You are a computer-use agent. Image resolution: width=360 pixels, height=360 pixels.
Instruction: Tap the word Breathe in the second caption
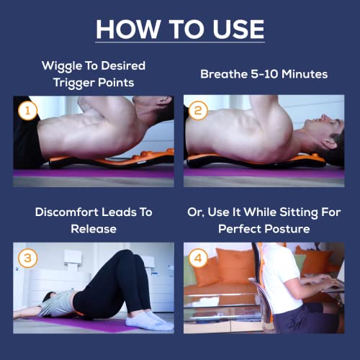[x=224, y=74]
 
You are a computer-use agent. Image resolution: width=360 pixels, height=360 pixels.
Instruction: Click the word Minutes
[x=305, y=74]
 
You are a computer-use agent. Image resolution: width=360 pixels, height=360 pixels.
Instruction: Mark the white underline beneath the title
[x=180, y=44]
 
